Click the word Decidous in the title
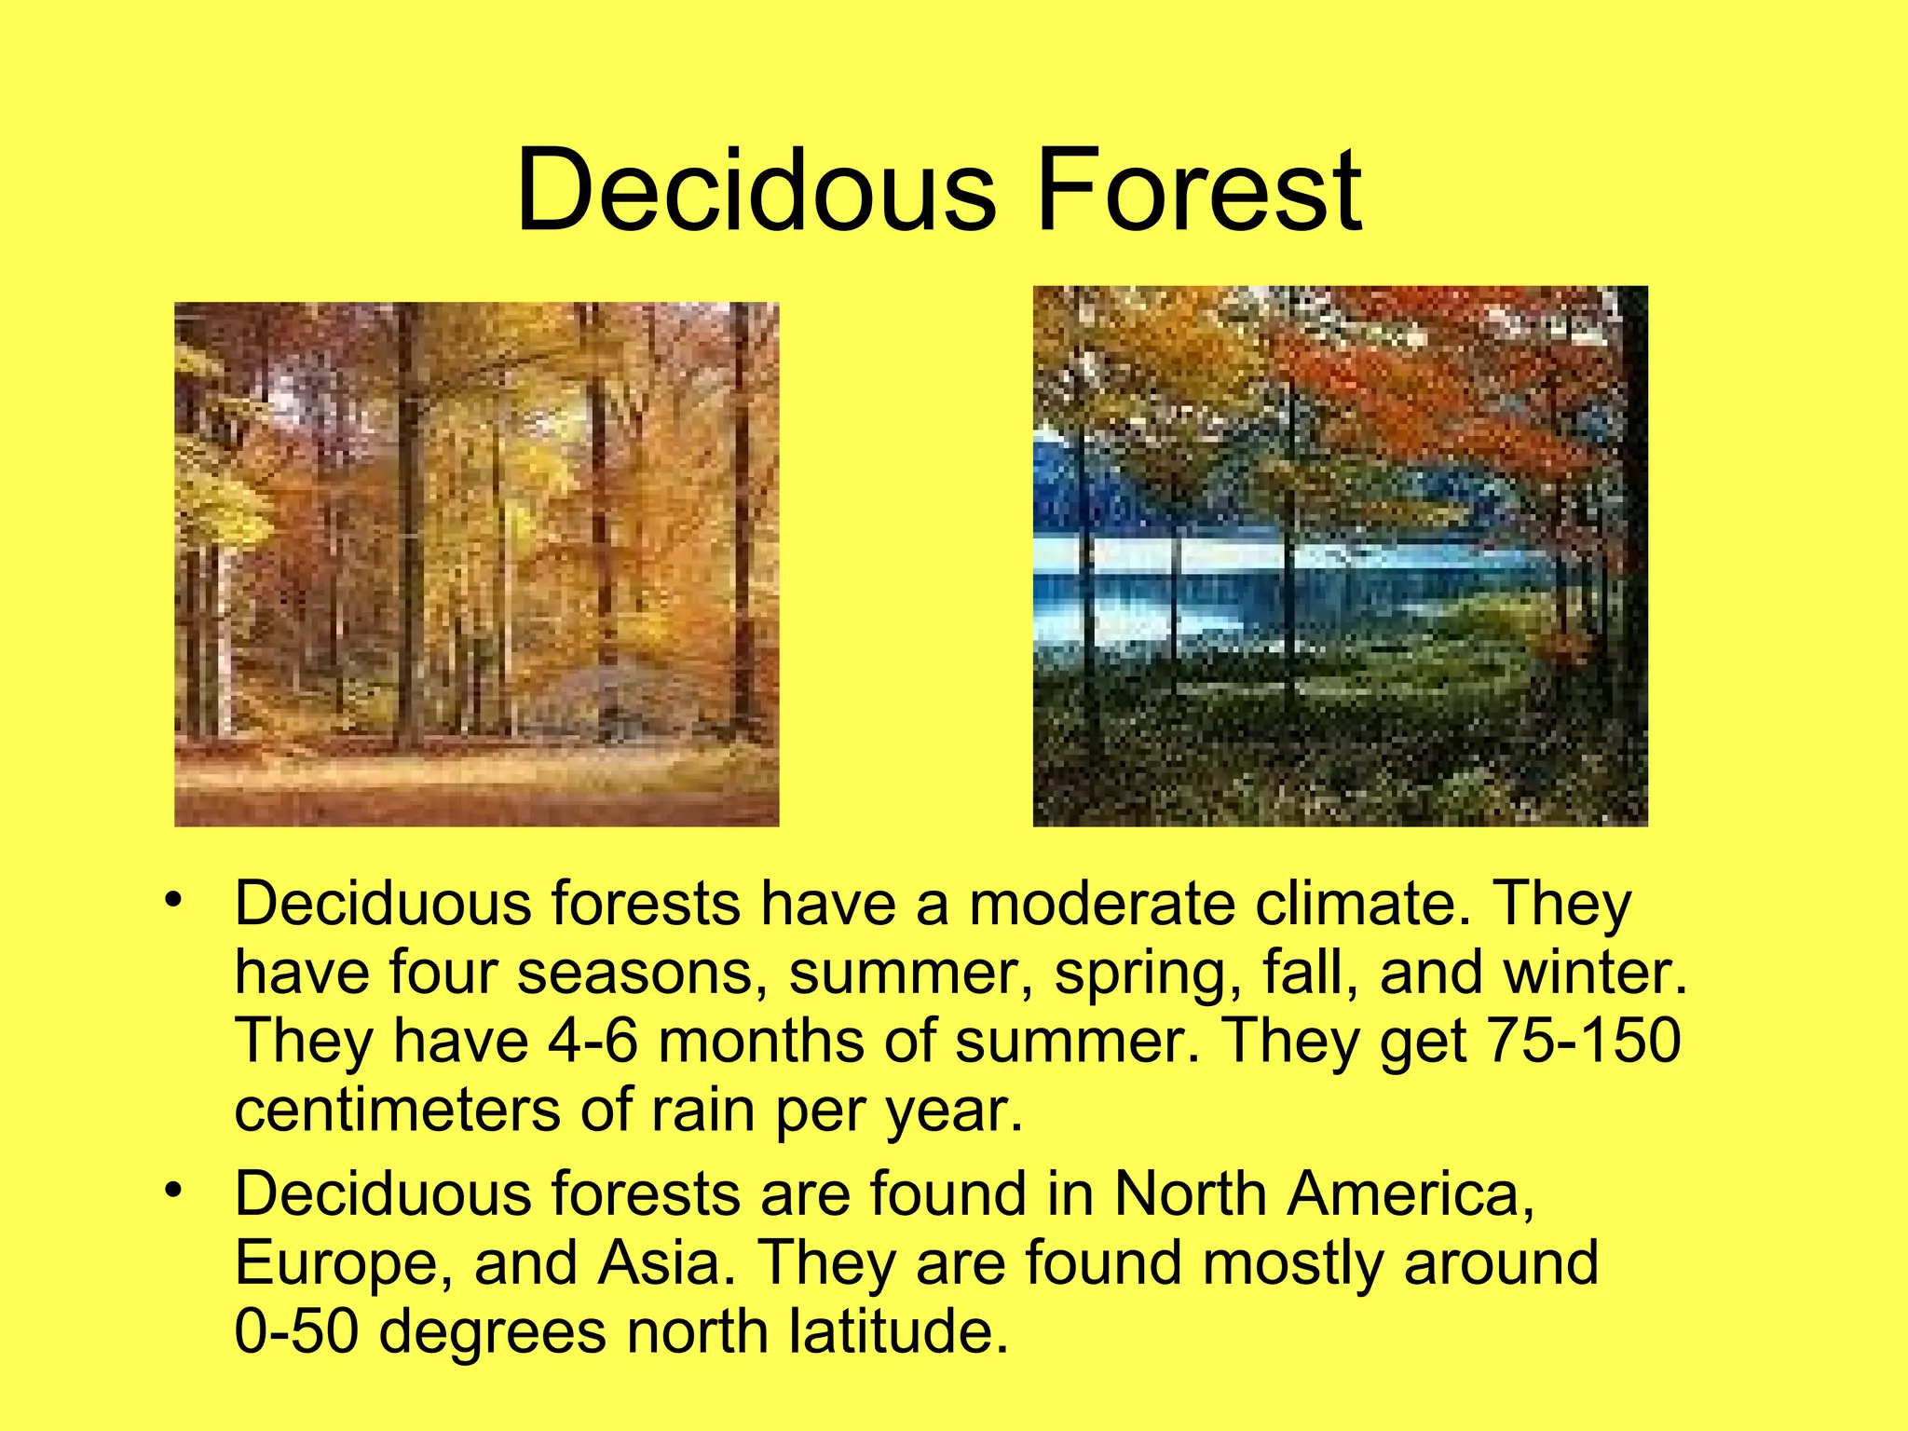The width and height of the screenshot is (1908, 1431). pos(756,191)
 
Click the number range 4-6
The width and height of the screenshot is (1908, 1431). pos(593,1041)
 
